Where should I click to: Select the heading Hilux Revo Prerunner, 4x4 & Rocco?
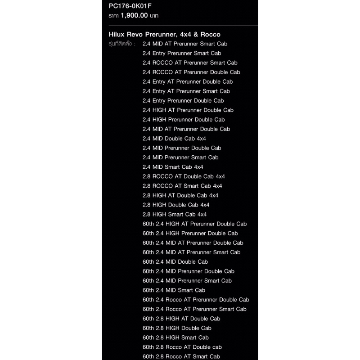(164, 34)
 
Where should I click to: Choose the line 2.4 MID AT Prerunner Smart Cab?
(184, 44)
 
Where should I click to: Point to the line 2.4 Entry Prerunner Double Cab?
(183, 100)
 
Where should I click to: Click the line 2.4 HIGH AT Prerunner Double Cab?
(188, 110)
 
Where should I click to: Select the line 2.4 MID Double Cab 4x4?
(174, 138)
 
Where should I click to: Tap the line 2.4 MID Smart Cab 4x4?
(173, 167)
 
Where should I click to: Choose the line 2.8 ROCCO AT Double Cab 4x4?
(184, 176)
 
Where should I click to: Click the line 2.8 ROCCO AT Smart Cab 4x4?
(182, 186)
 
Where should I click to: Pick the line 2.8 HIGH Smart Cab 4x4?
(175, 214)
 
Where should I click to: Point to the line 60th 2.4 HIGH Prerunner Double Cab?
(190, 233)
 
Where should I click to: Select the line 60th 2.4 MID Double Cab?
(175, 261)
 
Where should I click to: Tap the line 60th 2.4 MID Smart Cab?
(174, 290)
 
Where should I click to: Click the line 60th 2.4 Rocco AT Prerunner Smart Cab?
(194, 309)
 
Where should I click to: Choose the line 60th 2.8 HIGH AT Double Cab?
(181, 319)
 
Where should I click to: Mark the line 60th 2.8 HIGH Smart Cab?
(175, 337)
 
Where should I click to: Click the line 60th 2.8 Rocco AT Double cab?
(182, 347)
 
